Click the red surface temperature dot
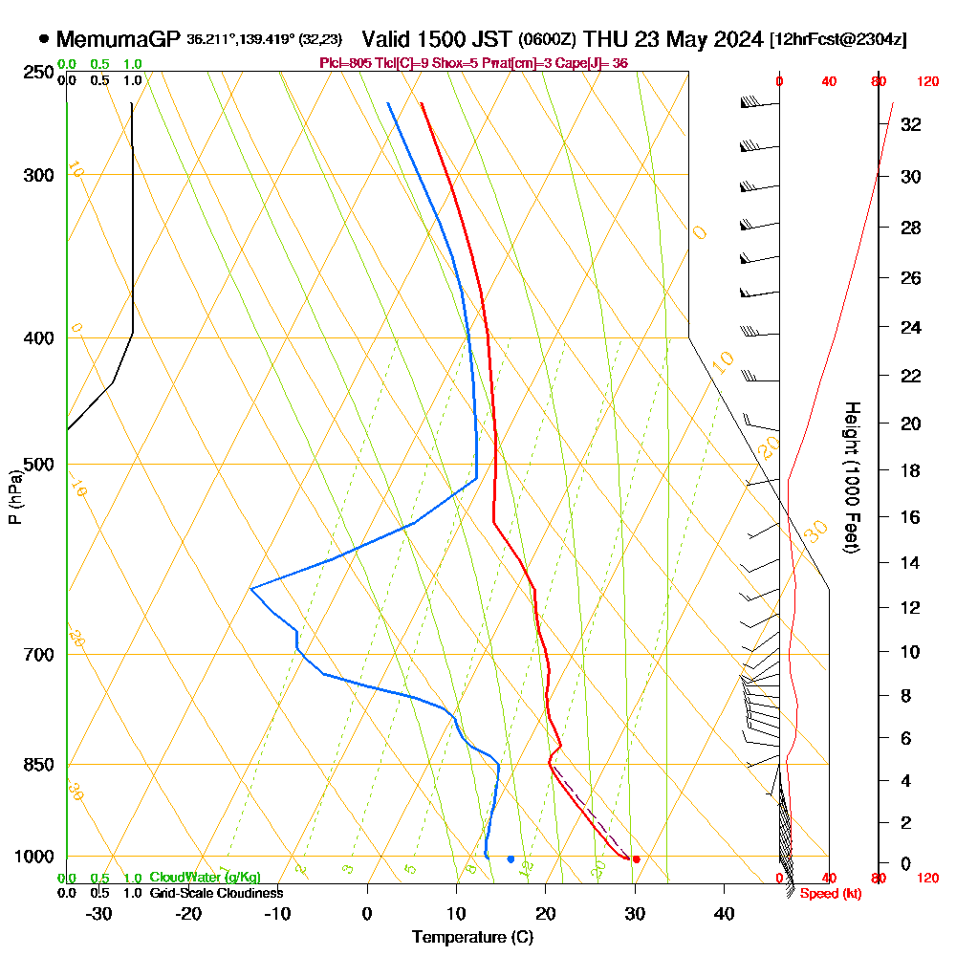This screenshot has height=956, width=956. coord(636,858)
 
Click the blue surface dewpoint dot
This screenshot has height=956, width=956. coord(511,858)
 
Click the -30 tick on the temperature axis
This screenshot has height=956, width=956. coord(98,913)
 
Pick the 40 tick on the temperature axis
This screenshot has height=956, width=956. coord(725,913)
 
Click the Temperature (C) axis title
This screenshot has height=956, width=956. coord(472,938)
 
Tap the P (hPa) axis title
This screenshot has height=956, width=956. coord(14,497)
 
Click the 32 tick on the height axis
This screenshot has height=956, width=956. coord(911,123)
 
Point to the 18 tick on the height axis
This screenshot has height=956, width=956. coord(911,470)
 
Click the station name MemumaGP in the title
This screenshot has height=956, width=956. coord(119,39)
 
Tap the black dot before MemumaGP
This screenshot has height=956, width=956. coord(44,39)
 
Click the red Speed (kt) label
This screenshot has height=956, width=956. coord(829,893)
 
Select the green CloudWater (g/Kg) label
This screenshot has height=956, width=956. coord(205,877)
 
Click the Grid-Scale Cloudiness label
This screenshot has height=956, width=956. coord(215,893)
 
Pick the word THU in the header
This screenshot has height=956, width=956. coord(604,39)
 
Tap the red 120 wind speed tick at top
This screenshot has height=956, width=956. coord(927,82)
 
